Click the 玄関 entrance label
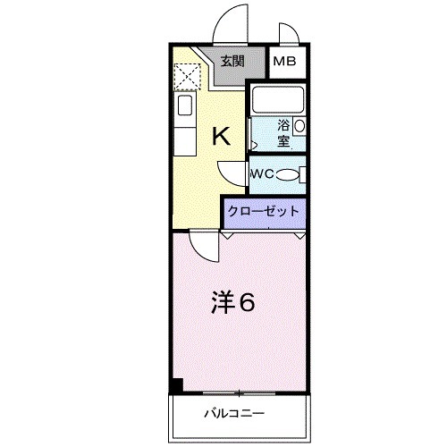[233, 62]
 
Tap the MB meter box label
[286, 62]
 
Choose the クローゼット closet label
[264, 212]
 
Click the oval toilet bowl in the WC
[287, 174]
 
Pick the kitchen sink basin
[184, 109]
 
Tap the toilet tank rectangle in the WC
[304, 174]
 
